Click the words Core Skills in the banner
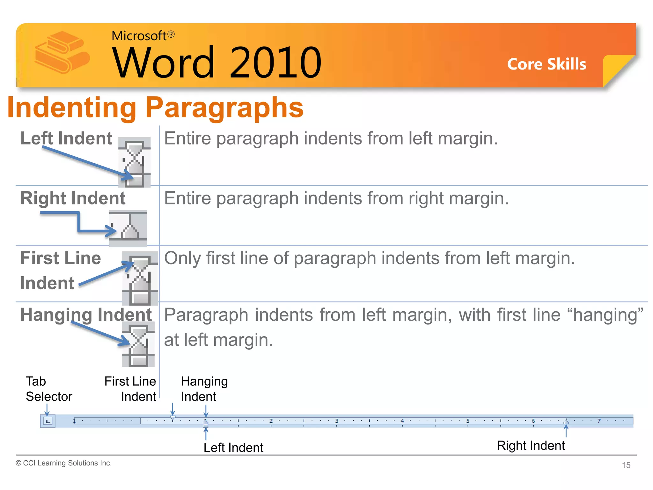point(547,64)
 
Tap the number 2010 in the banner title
point(275,62)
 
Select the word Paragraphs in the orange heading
point(224,108)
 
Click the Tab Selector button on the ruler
point(48,421)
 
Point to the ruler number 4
point(402,421)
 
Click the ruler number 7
point(599,421)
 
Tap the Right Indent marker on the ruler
point(566,422)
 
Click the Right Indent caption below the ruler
point(531,445)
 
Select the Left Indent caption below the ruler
point(233,448)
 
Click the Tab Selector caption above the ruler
point(48,389)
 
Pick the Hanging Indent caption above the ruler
point(204,389)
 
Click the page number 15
point(626,465)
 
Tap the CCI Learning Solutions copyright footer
point(64,463)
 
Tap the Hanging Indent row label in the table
point(86,315)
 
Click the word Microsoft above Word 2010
point(139,36)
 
